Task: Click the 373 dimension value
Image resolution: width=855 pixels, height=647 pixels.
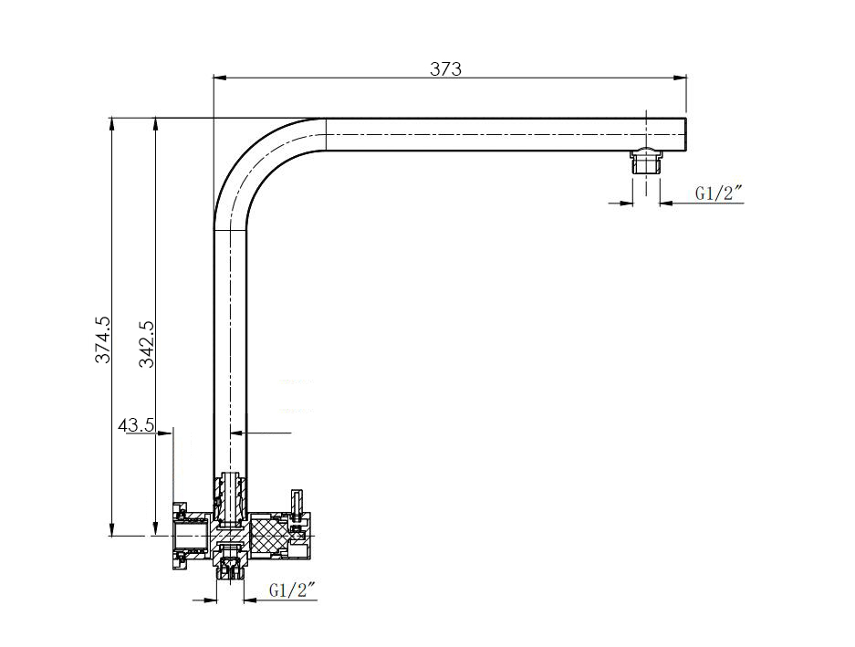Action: point(446,69)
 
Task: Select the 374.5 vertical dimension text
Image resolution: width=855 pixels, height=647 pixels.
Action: point(103,339)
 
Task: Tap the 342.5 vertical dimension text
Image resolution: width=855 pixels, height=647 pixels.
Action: point(146,343)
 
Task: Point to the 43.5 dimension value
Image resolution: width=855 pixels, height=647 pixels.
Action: point(135,425)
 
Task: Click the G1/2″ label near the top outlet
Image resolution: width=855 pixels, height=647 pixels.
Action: point(719,193)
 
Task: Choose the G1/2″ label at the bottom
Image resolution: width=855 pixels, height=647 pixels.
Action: point(292,590)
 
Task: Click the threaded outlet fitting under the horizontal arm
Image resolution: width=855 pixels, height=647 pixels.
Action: point(646,162)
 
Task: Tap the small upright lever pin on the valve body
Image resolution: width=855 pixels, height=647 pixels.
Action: point(296,503)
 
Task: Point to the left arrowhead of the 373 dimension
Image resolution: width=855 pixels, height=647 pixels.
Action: point(218,78)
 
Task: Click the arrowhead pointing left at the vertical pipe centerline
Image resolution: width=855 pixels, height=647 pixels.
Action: point(235,433)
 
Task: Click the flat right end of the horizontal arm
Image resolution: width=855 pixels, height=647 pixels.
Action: point(685,134)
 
